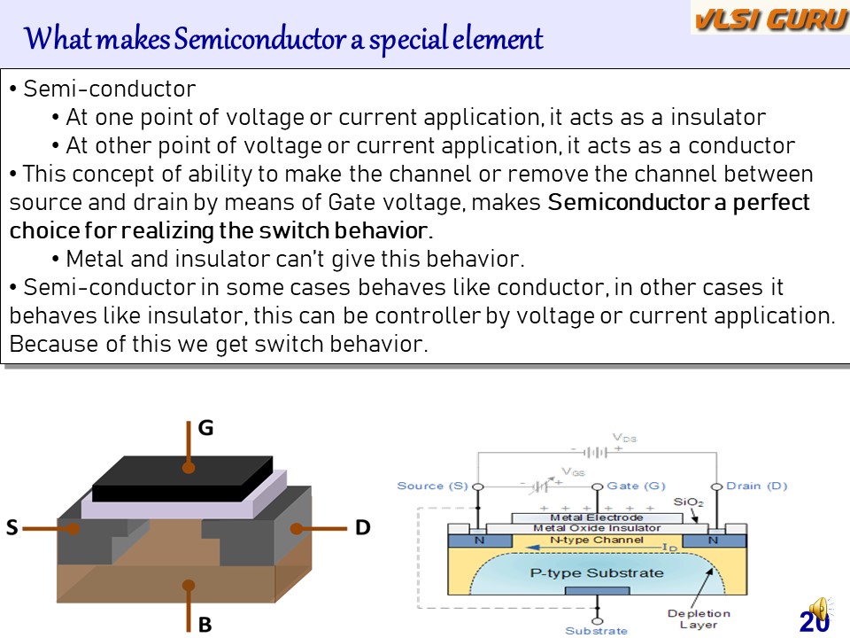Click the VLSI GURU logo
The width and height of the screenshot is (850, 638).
769,19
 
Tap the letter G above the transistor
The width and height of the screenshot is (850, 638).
205,429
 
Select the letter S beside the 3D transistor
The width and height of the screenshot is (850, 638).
12,528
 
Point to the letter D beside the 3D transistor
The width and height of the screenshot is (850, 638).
362,528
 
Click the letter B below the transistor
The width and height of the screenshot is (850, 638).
205,625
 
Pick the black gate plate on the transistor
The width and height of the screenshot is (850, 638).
182,478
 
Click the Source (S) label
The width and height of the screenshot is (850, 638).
432,486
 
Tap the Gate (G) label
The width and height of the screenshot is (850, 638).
636,486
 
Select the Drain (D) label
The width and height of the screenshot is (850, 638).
756,486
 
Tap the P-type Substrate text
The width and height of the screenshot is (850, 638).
597,572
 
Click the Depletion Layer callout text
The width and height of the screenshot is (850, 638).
699,619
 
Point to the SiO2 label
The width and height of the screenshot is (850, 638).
688,502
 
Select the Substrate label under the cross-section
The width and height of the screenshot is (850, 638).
596,631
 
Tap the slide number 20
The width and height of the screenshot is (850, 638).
814,622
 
